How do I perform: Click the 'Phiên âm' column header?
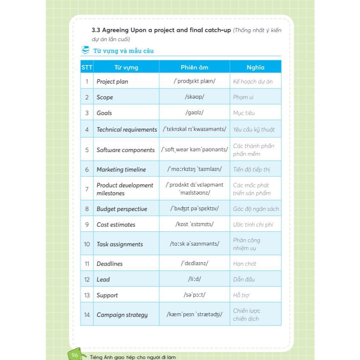point(194,67)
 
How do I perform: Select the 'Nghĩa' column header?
point(255,67)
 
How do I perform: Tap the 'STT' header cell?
point(87,67)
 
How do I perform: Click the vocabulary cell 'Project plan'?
point(112,82)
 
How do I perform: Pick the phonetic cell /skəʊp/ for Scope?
point(194,97)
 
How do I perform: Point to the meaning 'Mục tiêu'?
point(244,113)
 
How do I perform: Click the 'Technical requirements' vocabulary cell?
point(127,130)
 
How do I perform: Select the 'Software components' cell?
point(125,150)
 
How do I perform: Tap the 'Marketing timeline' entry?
point(121,170)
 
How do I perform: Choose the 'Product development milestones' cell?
point(125,189)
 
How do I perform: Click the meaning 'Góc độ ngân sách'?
point(256,209)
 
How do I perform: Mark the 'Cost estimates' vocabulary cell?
point(116,225)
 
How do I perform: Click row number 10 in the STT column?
point(87,244)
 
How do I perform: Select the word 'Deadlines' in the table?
point(109,264)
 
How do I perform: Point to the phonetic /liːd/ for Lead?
point(194,280)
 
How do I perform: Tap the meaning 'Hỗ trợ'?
point(241,295)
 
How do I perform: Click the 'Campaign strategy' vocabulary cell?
point(122,315)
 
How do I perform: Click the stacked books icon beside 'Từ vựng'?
point(85,51)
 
